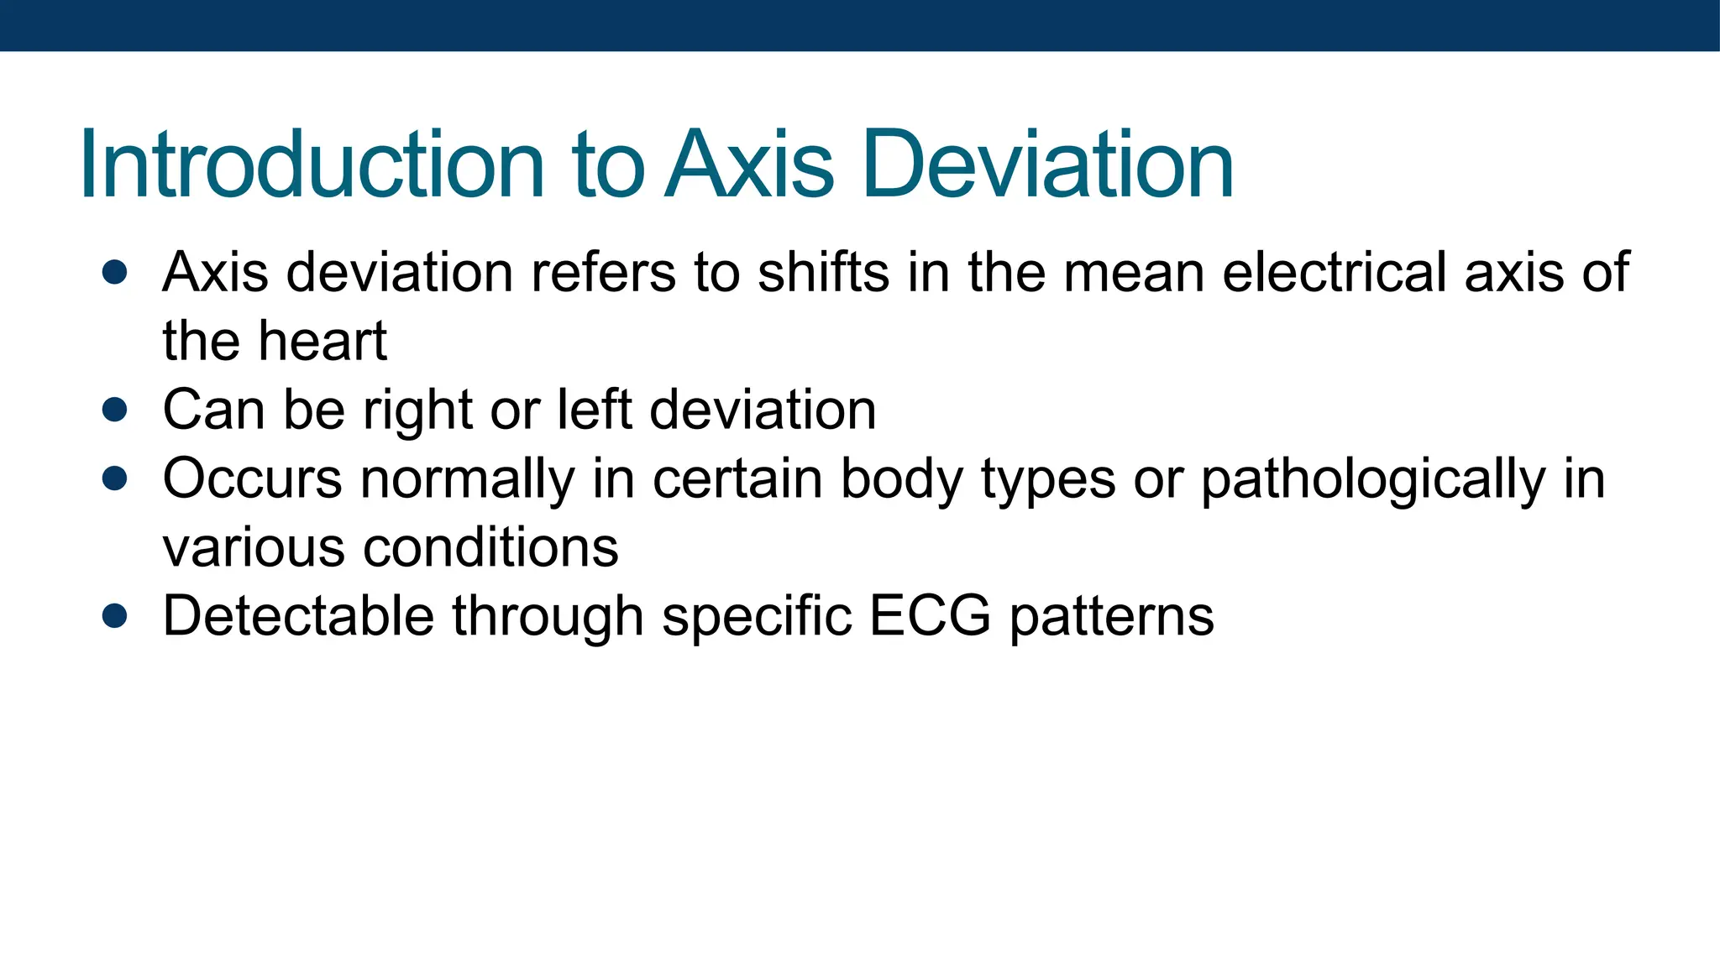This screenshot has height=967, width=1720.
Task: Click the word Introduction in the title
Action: pyautogui.click(x=312, y=165)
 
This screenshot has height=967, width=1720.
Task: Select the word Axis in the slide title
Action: pyautogui.click(x=749, y=165)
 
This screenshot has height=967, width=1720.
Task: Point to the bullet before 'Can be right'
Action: pyautogui.click(x=114, y=410)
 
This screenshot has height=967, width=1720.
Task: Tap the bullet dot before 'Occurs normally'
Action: pyautogui.click(x=114, y=478)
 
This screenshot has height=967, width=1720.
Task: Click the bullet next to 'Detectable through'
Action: pyautogui.click(x=114, y=616)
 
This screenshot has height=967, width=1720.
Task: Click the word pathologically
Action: pyautogui.click(x=1372, y=480)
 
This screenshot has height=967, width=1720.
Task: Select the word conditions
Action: pyautogui.click(x=490, y=547)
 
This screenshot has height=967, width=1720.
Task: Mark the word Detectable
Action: pyautogui.click(x=298, y=616)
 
